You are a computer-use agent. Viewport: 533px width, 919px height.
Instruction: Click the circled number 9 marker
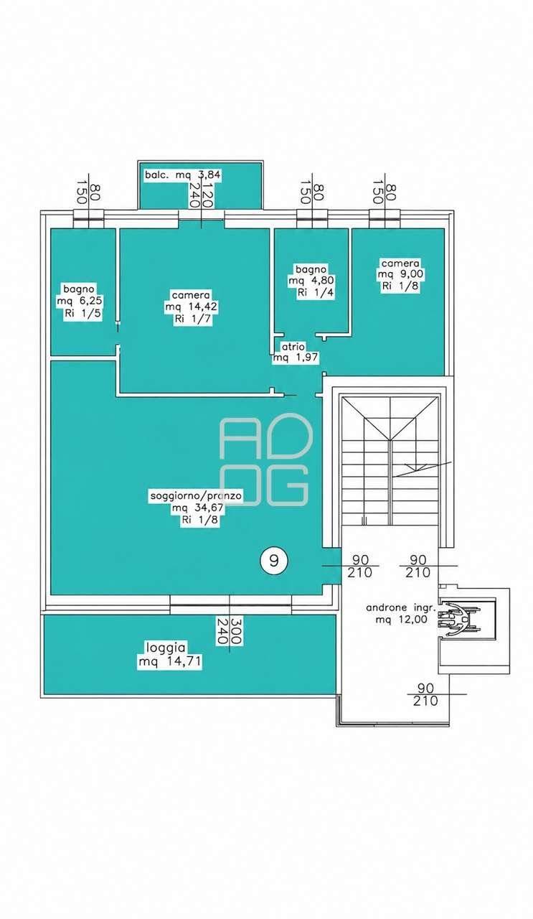click(x=274, y=561)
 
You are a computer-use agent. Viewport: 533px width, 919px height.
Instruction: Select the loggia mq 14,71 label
click(x=170, y=656)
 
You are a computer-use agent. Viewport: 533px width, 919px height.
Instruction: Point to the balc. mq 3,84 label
click(x=183, y=174)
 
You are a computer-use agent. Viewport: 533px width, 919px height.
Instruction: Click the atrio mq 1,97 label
click(x=296, y=352)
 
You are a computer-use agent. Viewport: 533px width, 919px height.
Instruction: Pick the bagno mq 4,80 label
click(x=311, y=281)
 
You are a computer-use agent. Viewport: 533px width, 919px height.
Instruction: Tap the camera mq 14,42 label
click(x=192, y=307)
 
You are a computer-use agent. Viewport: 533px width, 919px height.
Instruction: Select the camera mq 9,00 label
click(x=400, y=274)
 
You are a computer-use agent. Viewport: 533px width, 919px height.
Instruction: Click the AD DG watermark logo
click(x=265, y=460)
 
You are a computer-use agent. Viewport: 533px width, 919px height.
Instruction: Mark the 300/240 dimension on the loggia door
click(x=229, y=632)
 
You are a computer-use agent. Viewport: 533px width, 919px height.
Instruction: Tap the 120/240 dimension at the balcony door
click(x=200, y=196)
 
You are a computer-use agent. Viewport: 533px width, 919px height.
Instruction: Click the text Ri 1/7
click(x=194, y=319)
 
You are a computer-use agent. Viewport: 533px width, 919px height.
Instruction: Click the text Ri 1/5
click(x=82, y=314)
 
